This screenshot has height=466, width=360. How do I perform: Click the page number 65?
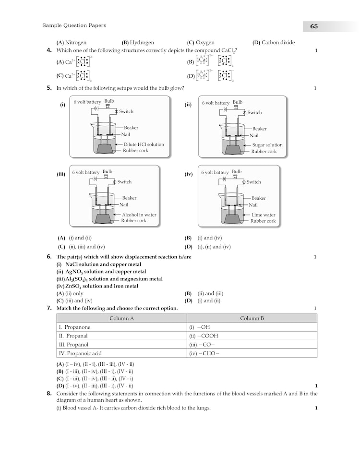click(x=314, y=26)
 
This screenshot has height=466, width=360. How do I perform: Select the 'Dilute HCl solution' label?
click(x=144, y=144)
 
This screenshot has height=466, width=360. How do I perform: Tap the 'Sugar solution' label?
click(x=267, y=145)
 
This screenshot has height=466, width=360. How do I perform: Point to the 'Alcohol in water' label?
click(x=139, y=215)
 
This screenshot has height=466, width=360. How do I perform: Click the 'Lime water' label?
click(x=264, y=215)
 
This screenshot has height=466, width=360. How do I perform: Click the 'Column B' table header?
click(x=252, y=318)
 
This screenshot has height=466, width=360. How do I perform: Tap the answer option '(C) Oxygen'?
click(x=201, y=42)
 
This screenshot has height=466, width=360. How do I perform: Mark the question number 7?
click(x=49, y=308)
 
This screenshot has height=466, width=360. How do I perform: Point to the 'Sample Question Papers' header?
click(x=74, y=25)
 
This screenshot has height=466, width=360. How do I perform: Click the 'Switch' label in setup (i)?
click(x=126, y=111)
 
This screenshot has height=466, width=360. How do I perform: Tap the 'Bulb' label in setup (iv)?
click(x=237, y=171)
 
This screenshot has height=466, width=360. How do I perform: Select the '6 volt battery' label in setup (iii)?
click(x=85, y=172)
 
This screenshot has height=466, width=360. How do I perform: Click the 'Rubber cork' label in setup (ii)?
click(x=264, y=152)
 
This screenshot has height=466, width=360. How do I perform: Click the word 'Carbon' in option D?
click(x=271, y=42)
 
